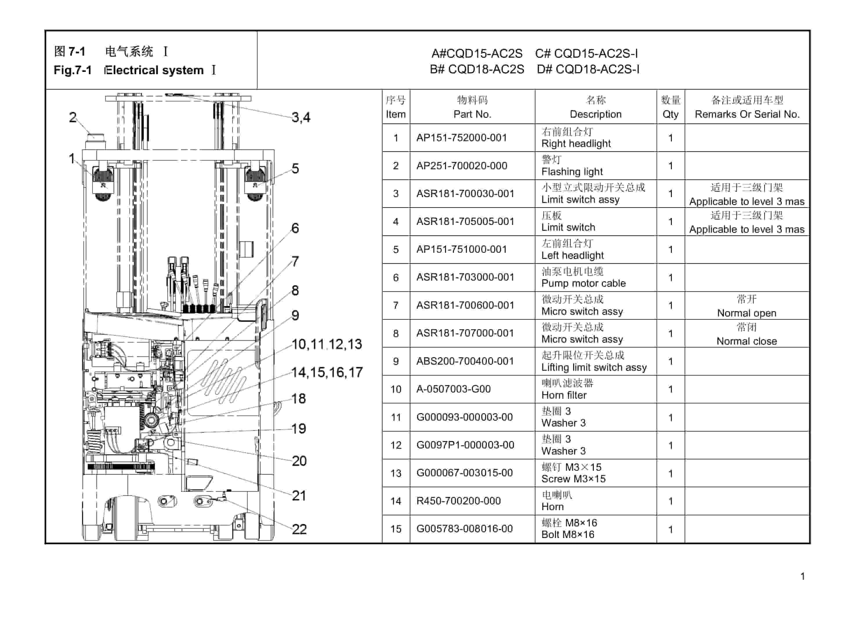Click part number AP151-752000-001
461,138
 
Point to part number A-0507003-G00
453,389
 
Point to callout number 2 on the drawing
73,117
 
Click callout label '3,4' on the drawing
301,117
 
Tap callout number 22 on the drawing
299,529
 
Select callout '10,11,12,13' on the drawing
327,344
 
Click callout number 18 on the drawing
298,399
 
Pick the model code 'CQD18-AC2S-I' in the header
597,69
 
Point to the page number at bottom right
803,576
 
